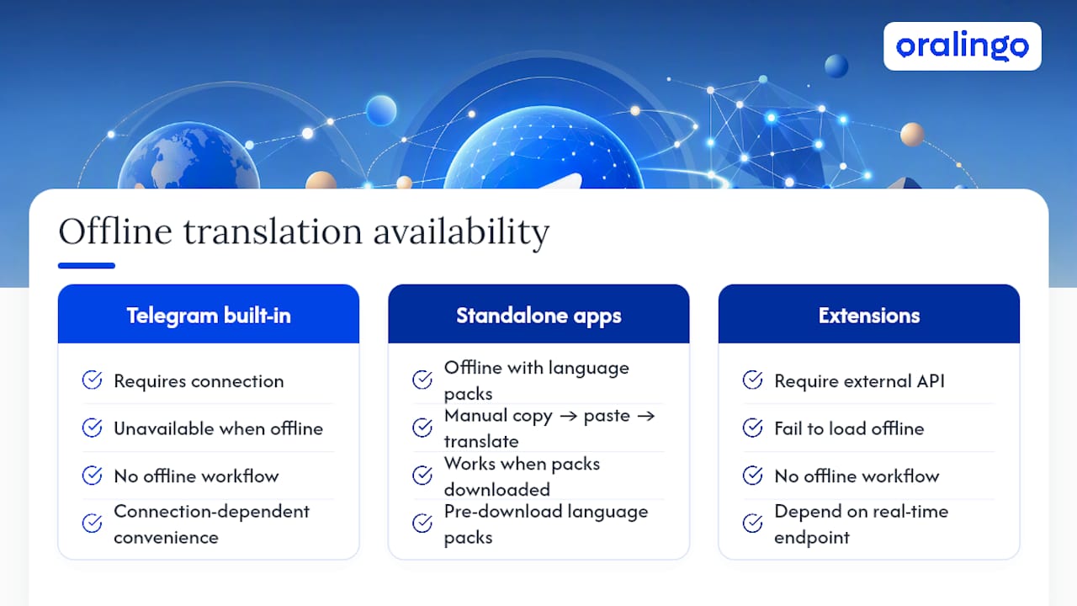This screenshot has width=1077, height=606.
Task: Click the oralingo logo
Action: point(962,46)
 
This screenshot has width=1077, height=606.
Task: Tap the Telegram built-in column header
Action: point(209,314)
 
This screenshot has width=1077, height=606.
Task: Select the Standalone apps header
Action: point(538,314)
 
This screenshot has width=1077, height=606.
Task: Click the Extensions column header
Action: point(869,314)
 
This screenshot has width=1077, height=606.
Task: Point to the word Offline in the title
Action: point(115,231)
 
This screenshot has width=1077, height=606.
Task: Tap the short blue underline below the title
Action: point(87,265)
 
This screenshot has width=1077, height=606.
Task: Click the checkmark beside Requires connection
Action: point(92,380)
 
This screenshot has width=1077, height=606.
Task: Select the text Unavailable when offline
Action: point(218,428)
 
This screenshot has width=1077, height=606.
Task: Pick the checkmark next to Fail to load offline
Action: point(752,427)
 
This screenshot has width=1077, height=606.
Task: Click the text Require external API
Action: point(859,381)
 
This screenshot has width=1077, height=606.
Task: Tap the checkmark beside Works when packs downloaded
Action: point(422,476)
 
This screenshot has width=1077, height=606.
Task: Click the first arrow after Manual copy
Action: point(568,416)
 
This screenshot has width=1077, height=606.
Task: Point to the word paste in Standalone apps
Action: point(607,416)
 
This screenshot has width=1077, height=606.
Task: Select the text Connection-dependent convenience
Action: point(211,524)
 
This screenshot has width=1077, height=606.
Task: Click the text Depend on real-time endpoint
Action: point(861,524)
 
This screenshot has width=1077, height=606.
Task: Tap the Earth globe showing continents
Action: point(189,157)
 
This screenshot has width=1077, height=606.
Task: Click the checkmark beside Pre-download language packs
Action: point(422,523)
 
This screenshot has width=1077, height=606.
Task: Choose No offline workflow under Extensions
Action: point(857,476)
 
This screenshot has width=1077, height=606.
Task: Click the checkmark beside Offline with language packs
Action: point(422,380)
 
